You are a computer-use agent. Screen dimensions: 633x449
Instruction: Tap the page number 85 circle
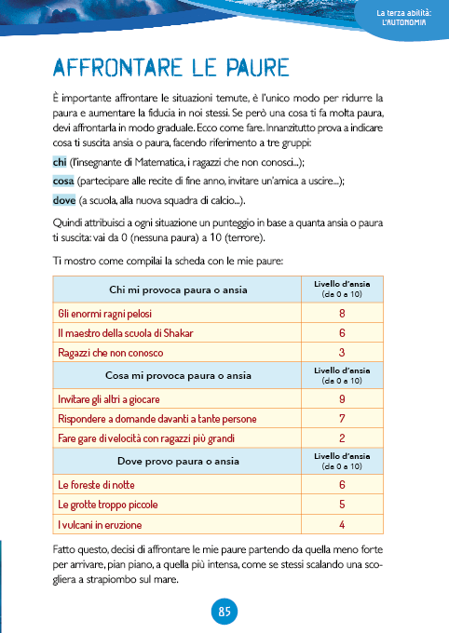click(224, 611)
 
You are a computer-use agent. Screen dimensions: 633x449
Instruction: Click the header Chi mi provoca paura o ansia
click(178, 290)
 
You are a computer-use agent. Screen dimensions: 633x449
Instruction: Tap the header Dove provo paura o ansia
click(178, 461)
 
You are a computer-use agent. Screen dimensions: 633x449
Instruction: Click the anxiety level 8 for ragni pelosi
click(343, 314)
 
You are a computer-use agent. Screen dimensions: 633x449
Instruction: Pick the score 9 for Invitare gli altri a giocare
click(343, 399)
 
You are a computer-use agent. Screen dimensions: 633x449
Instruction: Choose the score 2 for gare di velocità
click(343, 438)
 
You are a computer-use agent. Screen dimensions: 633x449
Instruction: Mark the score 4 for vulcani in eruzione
click(343, 523)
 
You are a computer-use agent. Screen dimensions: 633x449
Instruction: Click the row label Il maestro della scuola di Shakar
click(123, 332)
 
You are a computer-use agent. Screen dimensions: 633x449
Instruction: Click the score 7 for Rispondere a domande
click(343, 418)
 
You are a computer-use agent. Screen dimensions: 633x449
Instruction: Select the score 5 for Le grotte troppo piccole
click(343, 505)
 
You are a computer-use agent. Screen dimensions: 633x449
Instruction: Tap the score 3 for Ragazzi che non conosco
click(343, 352)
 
